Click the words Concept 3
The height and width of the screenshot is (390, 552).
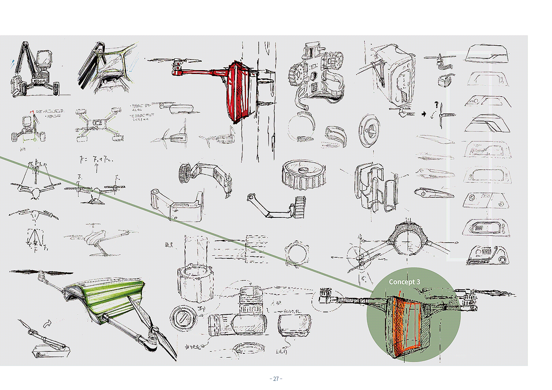404,282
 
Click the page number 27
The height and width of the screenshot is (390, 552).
276,379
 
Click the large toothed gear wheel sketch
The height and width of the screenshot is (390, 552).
304,174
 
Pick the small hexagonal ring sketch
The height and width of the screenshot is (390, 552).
297,253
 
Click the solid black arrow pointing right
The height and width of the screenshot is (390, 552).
424,114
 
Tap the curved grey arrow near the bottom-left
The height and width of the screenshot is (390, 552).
47,323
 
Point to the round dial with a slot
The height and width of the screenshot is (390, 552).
184,318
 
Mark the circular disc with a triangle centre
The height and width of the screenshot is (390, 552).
369,130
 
